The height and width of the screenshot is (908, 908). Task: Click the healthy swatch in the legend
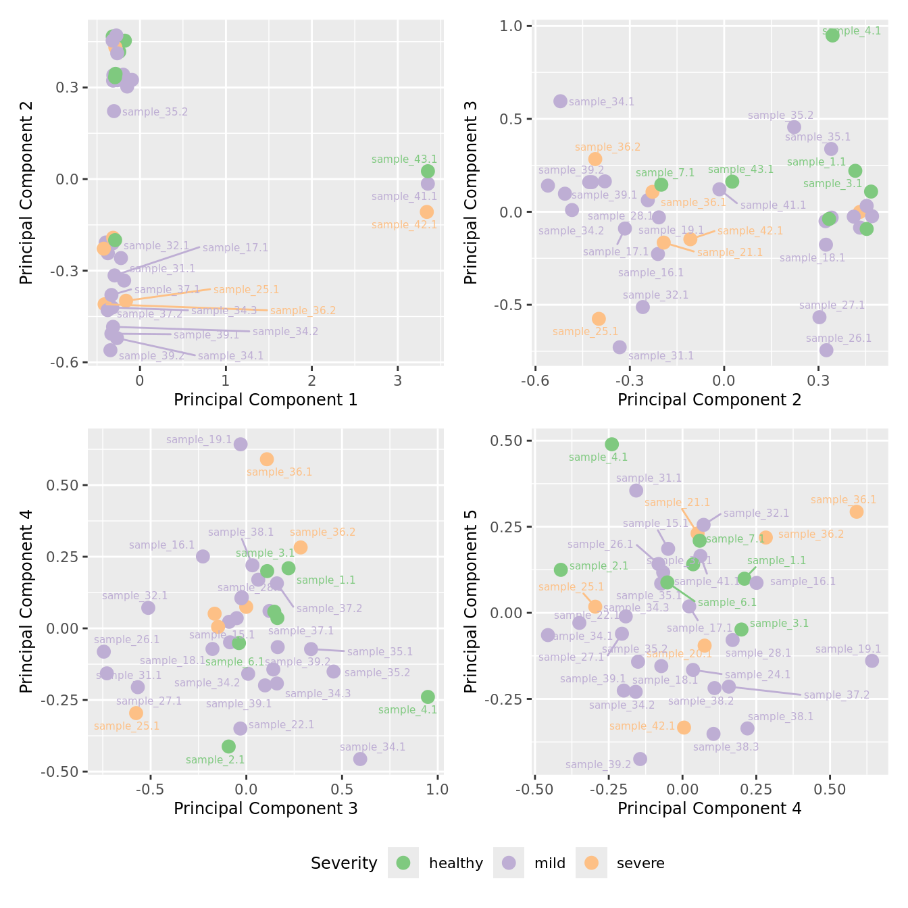403,863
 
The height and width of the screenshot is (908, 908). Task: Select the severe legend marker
591,863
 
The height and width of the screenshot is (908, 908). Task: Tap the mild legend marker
509,863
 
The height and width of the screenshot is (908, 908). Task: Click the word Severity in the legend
344,863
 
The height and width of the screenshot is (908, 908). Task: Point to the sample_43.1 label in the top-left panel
404,159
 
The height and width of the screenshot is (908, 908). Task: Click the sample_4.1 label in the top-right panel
851,31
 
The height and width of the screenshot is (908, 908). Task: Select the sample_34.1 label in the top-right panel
601,102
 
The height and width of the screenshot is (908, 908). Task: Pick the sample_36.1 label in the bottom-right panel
843,500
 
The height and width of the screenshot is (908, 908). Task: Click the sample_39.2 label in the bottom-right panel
598,765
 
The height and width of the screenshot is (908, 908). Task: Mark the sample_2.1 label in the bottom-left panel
215,760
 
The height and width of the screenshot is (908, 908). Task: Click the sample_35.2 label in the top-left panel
155,112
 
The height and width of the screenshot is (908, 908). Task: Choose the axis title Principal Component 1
266,400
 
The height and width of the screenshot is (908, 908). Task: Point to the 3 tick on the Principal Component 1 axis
398,380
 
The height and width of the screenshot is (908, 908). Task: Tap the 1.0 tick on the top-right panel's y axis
512,26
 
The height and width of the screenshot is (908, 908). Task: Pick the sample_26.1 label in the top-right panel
838,338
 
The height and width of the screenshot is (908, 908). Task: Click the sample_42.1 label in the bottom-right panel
642,726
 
